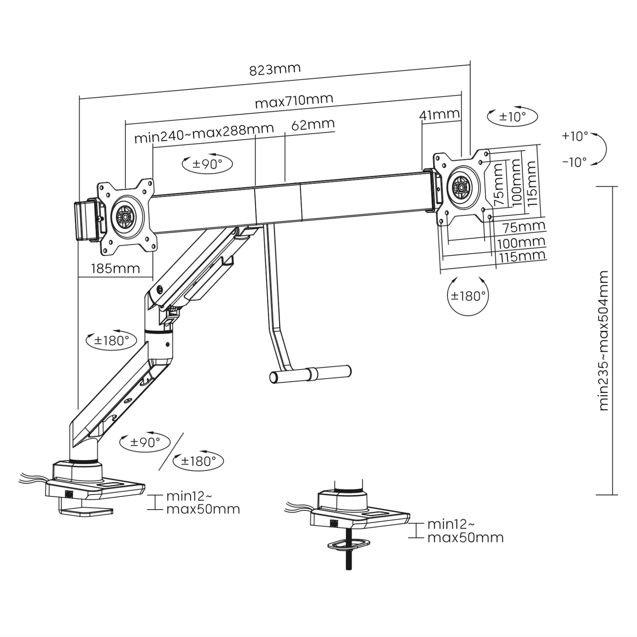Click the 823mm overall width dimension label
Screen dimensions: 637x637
[275, 69]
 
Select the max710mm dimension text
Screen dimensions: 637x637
[294, 101]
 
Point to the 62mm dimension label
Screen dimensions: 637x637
[313, 124]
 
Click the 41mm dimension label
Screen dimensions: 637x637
[439, 114]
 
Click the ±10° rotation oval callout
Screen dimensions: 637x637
[512, 116]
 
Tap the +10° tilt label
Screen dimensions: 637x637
[575, 136]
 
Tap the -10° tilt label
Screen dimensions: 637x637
[575, 162]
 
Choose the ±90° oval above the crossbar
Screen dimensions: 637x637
[207, 164]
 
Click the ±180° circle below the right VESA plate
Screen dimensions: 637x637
[468, 296]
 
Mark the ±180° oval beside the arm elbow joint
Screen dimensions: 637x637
[111, 340]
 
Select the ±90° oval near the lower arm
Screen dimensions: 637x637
[145, 442]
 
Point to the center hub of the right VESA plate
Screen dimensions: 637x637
[461, 186]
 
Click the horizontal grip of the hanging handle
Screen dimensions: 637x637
[310, 374]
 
